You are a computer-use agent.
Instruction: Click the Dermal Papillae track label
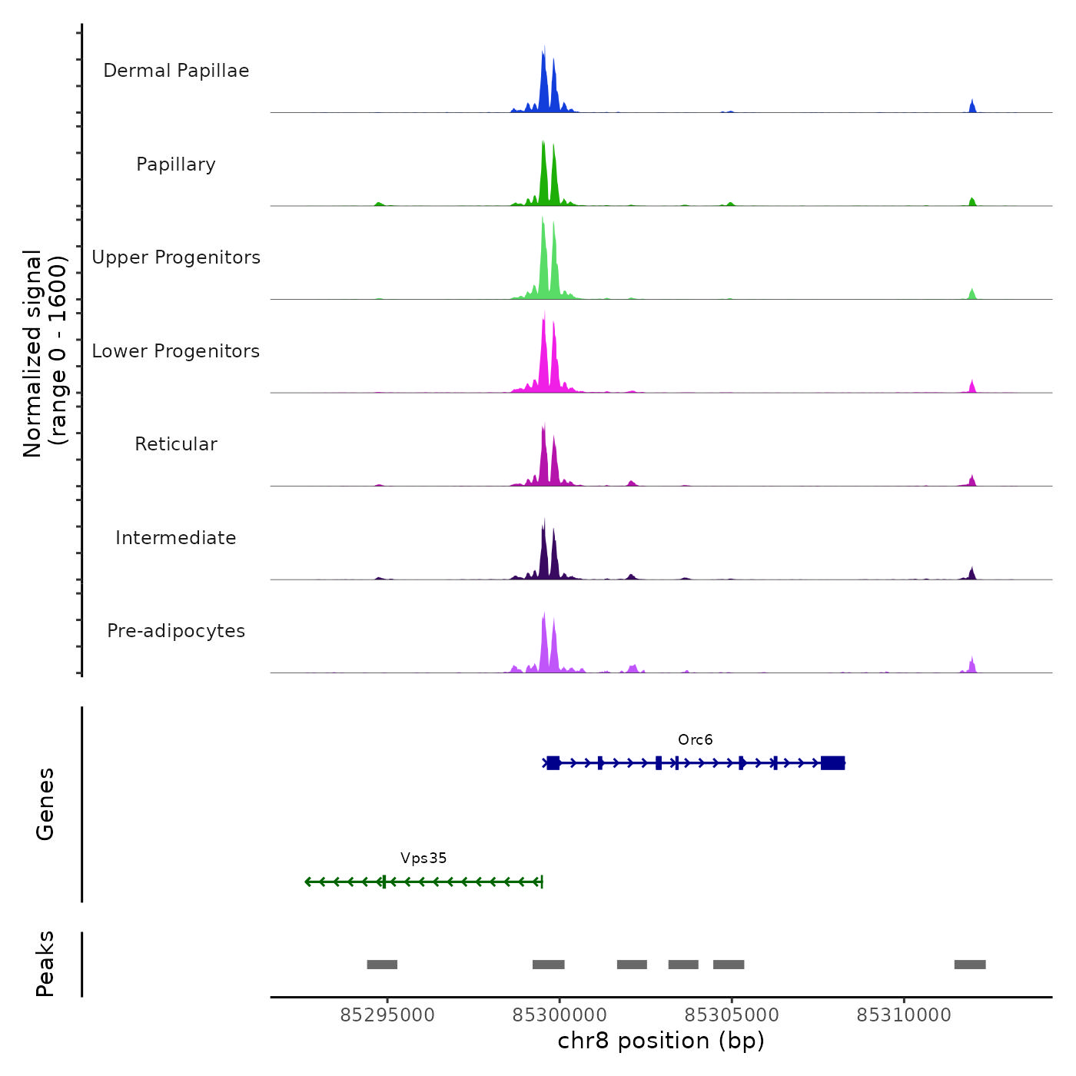(x=176, y=71)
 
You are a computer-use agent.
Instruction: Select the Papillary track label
(x=176, y=164)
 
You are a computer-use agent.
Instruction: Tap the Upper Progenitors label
(x=176, y=257)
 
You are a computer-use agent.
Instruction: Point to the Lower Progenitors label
(x=176, y=351)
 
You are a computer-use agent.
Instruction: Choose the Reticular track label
(x=176, y=444)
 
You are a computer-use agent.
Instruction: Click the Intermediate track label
(x=176, y=538)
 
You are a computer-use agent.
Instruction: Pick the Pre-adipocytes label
(x=176, y=631)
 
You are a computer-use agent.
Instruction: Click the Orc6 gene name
(x=695, y=740)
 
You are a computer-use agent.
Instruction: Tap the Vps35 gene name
(x=423, y=858)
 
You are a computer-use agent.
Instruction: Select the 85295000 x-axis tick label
(x=387, y=1015)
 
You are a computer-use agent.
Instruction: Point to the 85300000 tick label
(x=560, y=1015)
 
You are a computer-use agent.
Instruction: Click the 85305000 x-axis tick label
(x=732, y=1015)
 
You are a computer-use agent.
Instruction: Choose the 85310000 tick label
(x=904, y=1015)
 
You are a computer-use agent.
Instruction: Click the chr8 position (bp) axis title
(x=661, y=1041)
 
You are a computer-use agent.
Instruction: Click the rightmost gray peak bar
(x=970, y=965)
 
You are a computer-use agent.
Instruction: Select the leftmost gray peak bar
(x=382, y=965)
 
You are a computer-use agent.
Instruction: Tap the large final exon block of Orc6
(x=833, y=763)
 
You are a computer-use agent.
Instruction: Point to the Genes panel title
(x=45, y=804)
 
